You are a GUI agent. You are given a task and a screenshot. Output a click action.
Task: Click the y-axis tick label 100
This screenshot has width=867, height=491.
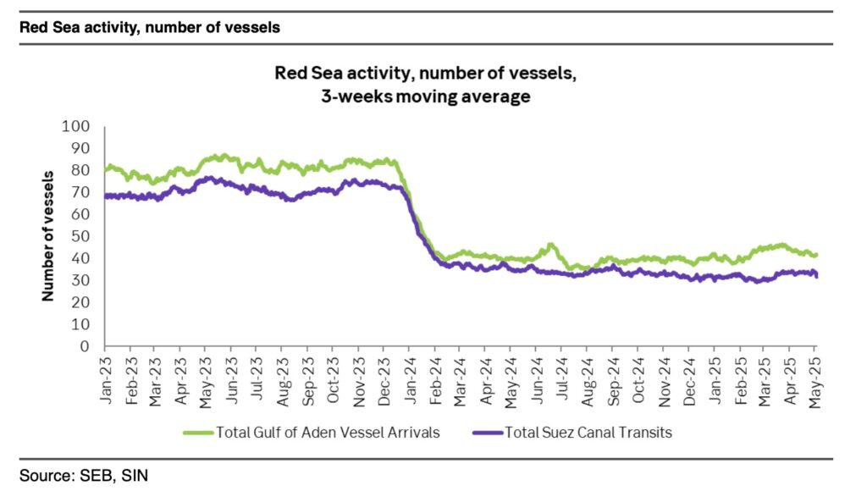77,127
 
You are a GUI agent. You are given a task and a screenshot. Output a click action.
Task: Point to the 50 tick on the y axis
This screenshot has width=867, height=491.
81,236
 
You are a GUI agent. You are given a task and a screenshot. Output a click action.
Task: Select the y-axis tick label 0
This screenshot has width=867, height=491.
85,346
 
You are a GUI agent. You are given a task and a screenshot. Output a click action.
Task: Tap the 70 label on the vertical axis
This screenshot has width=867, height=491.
81,192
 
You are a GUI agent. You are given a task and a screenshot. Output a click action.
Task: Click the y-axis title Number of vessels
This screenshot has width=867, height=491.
47,236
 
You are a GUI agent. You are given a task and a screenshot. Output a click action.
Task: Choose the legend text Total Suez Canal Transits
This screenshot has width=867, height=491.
588,433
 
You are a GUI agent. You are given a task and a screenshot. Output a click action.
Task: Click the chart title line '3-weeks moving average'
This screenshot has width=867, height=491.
426,97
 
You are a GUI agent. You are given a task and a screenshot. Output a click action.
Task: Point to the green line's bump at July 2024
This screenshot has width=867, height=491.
551,245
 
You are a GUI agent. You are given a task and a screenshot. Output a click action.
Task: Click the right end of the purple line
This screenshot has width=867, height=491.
816,276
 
